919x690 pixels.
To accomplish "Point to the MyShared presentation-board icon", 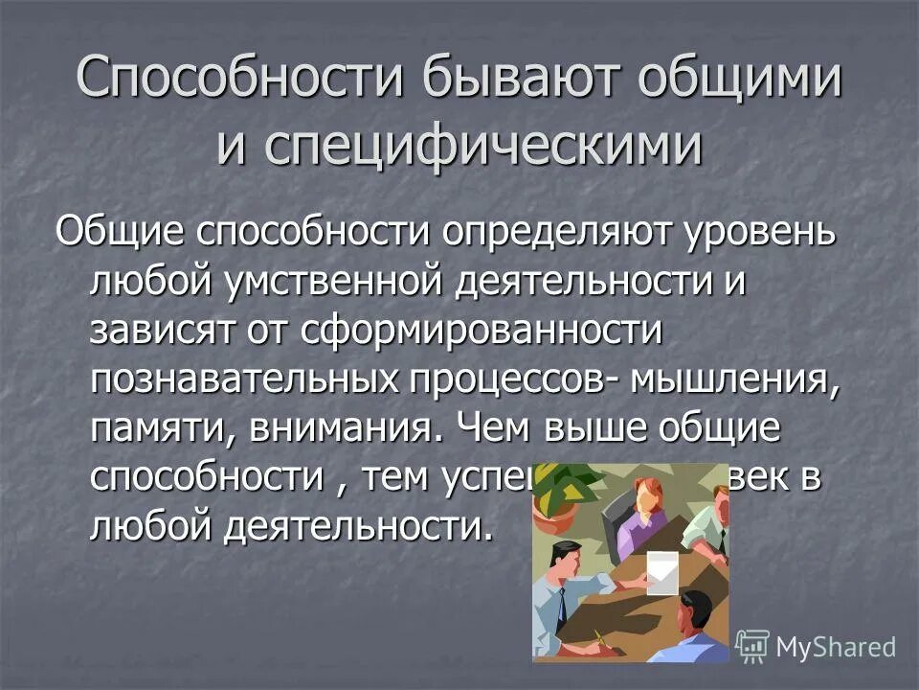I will (x=752, y=647).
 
